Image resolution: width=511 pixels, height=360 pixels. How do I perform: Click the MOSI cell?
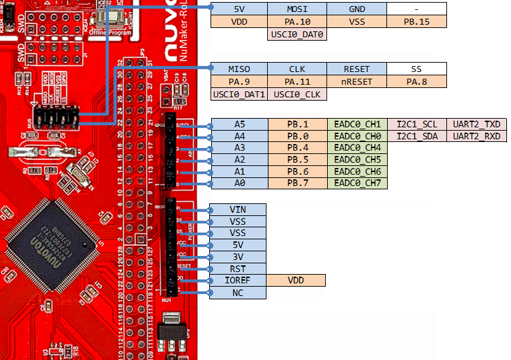(296, 9)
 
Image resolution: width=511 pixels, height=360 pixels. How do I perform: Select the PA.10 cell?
(296, 22)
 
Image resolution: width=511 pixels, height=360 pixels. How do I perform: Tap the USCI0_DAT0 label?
(296, 34)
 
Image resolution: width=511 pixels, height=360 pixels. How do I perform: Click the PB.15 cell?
(416, 22)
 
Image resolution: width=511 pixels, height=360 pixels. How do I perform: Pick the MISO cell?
(239, 69)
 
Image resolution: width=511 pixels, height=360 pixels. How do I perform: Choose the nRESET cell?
(356, 82)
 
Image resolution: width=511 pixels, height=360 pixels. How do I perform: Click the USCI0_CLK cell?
(296, 95)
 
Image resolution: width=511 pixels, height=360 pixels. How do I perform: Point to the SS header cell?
(416, 69)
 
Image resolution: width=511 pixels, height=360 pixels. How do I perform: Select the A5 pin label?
(239, 125)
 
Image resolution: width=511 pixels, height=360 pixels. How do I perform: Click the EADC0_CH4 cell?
(357, 148)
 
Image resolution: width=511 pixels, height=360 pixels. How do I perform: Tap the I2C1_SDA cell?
(417, 136)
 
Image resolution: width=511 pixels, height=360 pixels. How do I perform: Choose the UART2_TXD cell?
(476, 125)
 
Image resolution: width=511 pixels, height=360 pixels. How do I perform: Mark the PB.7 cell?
(297, 183)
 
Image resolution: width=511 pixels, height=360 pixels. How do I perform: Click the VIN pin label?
(238, 210)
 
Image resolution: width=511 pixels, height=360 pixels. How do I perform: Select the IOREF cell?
(238, 281)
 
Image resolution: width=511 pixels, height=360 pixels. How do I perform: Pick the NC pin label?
(238, 293)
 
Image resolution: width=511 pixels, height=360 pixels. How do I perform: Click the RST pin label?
(238, 269)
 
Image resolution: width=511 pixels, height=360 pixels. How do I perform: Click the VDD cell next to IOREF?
(296, 281)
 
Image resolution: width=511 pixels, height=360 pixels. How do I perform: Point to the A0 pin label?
(239, 183)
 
